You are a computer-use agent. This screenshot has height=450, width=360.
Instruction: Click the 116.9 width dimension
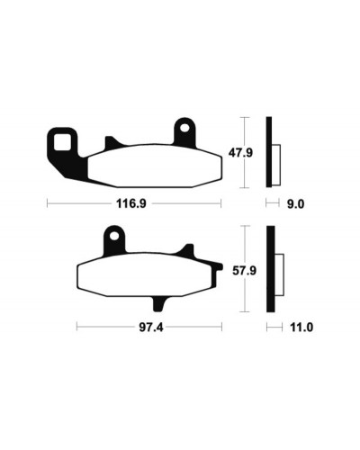131,204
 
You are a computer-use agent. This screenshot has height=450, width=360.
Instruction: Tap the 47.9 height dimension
240,153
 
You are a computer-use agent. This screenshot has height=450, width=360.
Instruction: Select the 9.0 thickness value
295,204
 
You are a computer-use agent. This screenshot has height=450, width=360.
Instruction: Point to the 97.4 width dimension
151,328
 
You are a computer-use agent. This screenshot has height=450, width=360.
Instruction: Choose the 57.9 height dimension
245,271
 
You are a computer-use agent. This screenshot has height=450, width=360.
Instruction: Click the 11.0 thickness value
301,328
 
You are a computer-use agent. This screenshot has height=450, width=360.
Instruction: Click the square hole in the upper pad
62,142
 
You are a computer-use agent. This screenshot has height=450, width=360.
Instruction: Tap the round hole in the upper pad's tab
184,128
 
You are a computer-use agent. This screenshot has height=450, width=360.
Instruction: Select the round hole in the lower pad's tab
113,237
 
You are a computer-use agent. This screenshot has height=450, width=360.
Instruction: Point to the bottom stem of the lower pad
159,303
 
